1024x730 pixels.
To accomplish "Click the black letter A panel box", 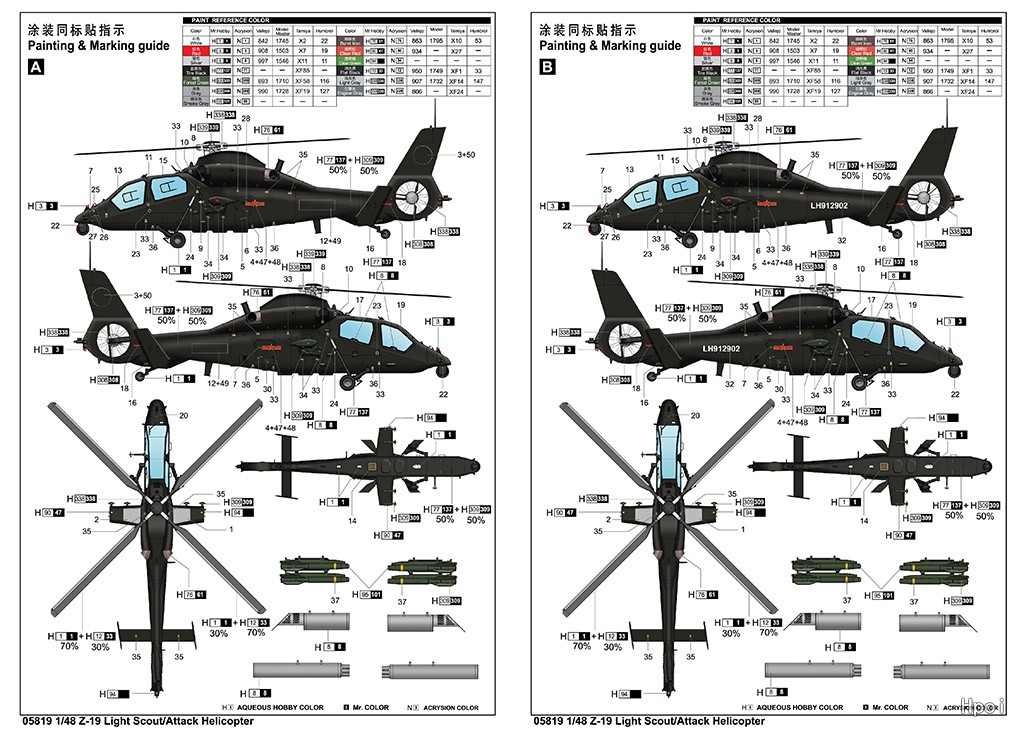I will (x=36, y=68).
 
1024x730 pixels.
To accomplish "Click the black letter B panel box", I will (x=548, y=68).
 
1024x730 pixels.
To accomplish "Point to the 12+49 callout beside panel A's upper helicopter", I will (x=330, y=240).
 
